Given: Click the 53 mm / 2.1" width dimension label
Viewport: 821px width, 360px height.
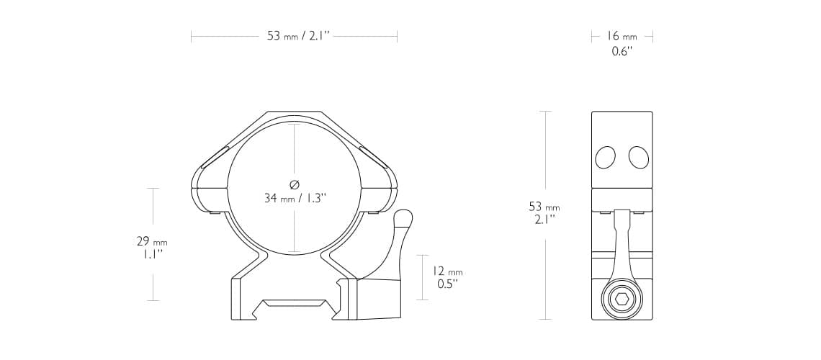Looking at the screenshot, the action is click(x=298, y=36).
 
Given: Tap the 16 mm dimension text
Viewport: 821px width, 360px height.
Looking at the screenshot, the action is click(x=622, y=36).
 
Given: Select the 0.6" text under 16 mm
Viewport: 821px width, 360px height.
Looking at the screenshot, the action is click(x=622, y=51).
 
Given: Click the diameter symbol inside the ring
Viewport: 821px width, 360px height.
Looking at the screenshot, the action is click(x=295, y=184).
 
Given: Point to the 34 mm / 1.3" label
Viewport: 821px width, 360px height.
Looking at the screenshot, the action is click(x=295, y=198).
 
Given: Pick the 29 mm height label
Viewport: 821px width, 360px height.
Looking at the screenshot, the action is click(x=152, y=242).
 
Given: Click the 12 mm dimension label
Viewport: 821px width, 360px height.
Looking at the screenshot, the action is click(x=447, y=271).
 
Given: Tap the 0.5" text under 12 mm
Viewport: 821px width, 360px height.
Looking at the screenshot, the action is click(x=447, y=284).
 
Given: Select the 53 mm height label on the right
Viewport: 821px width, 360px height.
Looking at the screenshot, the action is click(x=544, y=207).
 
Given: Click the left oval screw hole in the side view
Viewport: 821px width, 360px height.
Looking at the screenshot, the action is click(x=605, y=158).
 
